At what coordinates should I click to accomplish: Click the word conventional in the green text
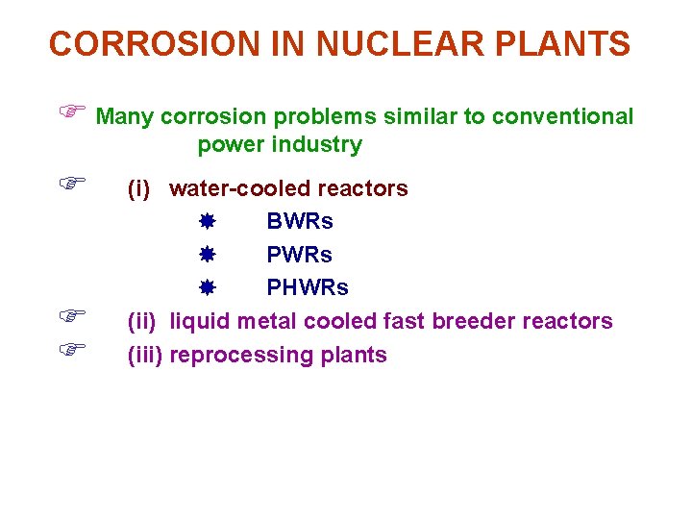point(562,117)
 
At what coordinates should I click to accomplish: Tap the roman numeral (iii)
point(144,355)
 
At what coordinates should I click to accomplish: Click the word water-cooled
point(236,189)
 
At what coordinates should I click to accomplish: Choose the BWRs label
point(300,222)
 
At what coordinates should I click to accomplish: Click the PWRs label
point(300,255)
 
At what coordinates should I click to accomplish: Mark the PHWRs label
point(308,288)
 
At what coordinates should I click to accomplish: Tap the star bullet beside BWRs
point(206,222)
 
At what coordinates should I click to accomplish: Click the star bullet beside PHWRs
point(206,288)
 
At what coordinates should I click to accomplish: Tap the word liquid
point(199,321)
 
